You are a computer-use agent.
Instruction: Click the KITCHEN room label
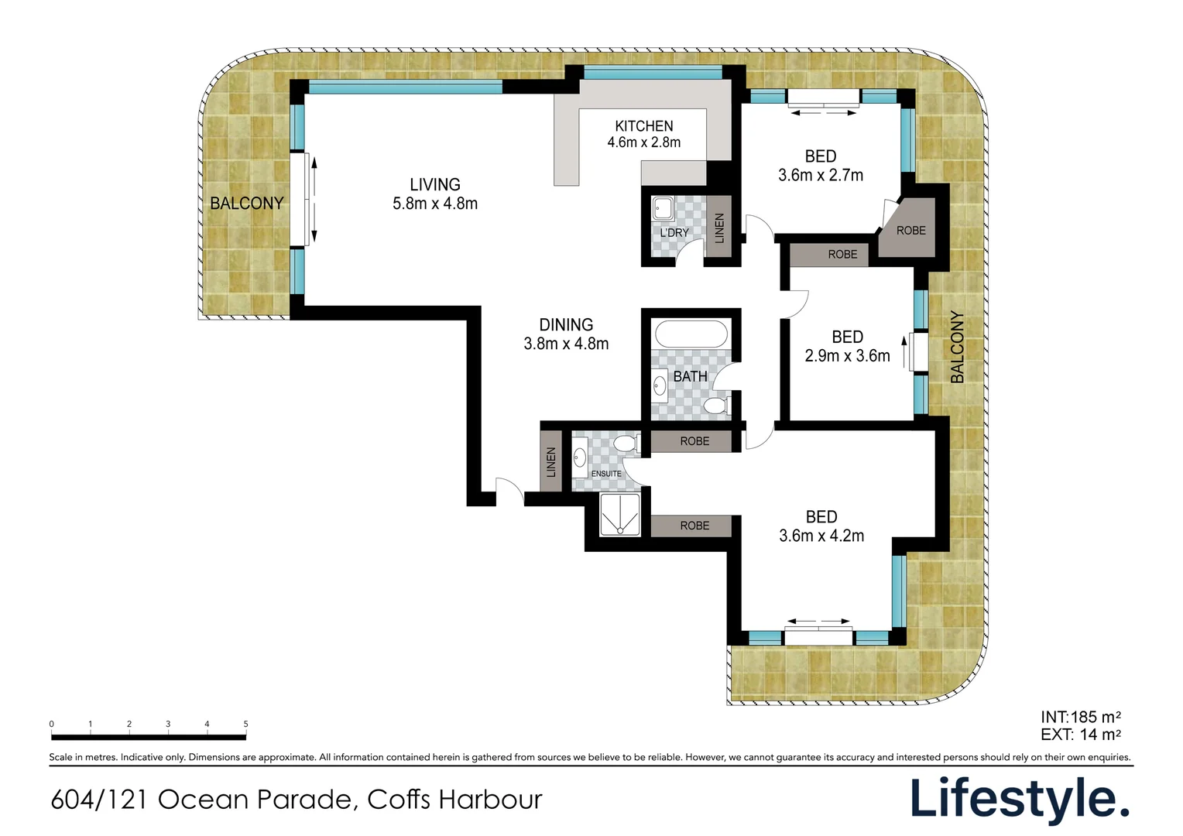(644, 126)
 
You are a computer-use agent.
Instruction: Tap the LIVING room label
(435, 184)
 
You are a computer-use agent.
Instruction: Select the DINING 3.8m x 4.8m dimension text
(566, 344)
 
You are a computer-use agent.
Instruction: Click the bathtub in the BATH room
(691, 334)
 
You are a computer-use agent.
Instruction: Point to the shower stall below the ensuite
(620, 515)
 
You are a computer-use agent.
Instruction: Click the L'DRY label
(674, 232)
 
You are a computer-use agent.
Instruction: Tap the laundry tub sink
(663, 208)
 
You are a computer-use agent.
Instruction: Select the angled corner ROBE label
(911, 230)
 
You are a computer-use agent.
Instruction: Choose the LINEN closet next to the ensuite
(550, 461)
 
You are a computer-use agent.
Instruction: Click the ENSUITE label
(605, 474)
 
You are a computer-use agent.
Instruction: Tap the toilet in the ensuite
(627, 443)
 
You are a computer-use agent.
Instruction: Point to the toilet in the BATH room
(718, 406)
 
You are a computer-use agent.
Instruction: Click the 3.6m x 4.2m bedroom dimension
(821, 536)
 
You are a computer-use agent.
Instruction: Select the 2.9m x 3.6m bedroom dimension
(847, 356)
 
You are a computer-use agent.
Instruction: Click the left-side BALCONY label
(247, 204)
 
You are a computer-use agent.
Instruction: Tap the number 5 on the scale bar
(245, 724)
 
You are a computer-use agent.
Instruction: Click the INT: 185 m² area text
(1081, 717)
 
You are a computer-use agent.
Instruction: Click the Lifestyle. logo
(1020, 798)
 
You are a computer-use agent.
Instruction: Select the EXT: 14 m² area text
(1081, 734)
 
